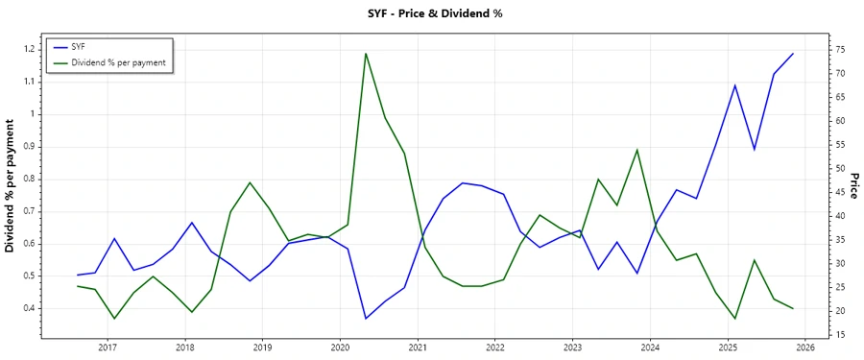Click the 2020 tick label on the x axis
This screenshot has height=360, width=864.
340,348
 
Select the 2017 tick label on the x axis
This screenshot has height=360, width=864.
107,348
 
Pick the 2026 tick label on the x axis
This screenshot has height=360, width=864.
805,348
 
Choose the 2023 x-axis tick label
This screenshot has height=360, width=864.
573,348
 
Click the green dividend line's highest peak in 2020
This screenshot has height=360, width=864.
366,54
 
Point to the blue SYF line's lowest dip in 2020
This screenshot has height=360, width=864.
366,318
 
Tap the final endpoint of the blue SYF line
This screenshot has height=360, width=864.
793,54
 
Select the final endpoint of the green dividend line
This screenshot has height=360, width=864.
793,308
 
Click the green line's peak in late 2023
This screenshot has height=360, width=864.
637,150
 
